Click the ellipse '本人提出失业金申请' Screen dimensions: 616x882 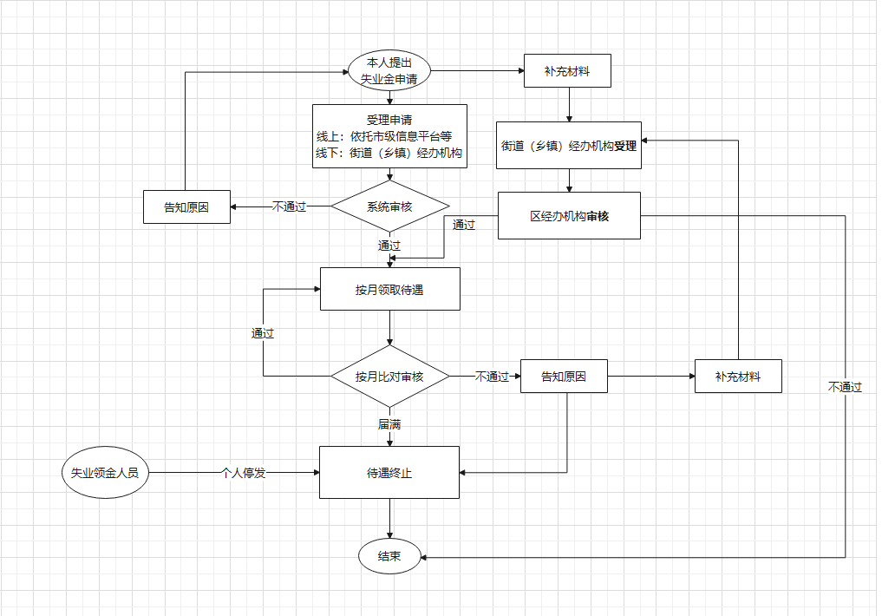tap(389, 71)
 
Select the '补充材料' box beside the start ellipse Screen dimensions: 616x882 tap(567, 71)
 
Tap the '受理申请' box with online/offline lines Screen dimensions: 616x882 tap(389, 136)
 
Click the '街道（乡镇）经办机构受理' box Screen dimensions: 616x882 tap(569, 146)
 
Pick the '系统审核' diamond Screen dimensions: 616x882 tap(389, 206)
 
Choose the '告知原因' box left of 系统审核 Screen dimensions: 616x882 tap(186, 207)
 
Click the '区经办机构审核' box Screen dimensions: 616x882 tap(569, 216)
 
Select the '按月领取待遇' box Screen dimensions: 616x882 tap(389, 289)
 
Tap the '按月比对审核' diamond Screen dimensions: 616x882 tap(389, 377)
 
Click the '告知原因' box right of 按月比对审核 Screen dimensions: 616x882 tap(564, 377)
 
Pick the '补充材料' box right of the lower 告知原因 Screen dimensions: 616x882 tap(738, 377)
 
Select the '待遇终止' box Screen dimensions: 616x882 tap(389, 473)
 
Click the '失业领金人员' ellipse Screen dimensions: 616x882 tap(105, 473)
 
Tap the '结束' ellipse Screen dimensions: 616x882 tap(389, 556)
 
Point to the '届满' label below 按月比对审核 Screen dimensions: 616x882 tap(389, 425)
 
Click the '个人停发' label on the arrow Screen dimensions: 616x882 tap(244, 473)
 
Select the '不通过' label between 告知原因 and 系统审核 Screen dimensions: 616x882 tap(290, 207)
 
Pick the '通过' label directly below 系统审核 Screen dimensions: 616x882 tap(389, 246)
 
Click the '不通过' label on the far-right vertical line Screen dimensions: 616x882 tap(845, 387)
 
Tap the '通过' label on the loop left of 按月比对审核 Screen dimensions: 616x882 tap(263, 333)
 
